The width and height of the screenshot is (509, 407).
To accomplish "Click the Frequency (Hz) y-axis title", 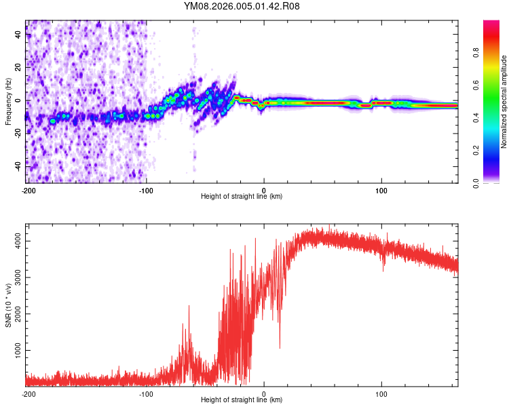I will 7,102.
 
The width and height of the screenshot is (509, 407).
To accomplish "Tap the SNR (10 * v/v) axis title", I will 9,305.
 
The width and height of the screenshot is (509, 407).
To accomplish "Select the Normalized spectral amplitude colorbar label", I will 504,102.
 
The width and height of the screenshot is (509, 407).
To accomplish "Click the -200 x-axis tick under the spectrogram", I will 29,190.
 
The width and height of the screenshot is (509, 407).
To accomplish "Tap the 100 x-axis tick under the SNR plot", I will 381,393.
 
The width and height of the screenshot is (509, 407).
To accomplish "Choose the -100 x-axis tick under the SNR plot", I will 146,393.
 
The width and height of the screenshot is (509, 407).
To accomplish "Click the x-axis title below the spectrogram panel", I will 242,197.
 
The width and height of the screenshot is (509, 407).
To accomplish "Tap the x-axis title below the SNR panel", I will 242,400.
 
